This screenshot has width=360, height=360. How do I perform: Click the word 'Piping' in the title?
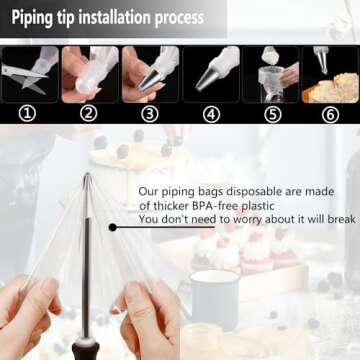(x=32, y=18)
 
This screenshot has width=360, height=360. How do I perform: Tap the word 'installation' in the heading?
(x=114, y=17)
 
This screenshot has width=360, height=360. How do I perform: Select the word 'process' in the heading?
(x=179, y=19)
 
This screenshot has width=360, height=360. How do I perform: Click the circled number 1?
(x=27, y=114)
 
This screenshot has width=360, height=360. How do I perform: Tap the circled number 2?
(x=88, y=114)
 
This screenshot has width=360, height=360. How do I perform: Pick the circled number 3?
(x=150, y=114)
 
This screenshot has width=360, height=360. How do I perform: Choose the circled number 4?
(x=211, y=114)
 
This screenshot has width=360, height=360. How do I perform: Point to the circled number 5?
(x=272, y=114)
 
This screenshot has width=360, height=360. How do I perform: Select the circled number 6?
(x=330, y=115)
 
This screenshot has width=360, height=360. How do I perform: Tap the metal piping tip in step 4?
(x=207, y=79)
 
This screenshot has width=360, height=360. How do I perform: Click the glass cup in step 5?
(x=271, y=84)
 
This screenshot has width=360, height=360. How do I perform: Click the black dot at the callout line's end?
(x=113, y=227)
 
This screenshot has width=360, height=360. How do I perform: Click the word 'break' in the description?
(x=342, y=219)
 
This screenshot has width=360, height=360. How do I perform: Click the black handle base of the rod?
(x=86, y=349)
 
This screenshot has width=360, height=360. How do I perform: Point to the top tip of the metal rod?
(x=87, y=174)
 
